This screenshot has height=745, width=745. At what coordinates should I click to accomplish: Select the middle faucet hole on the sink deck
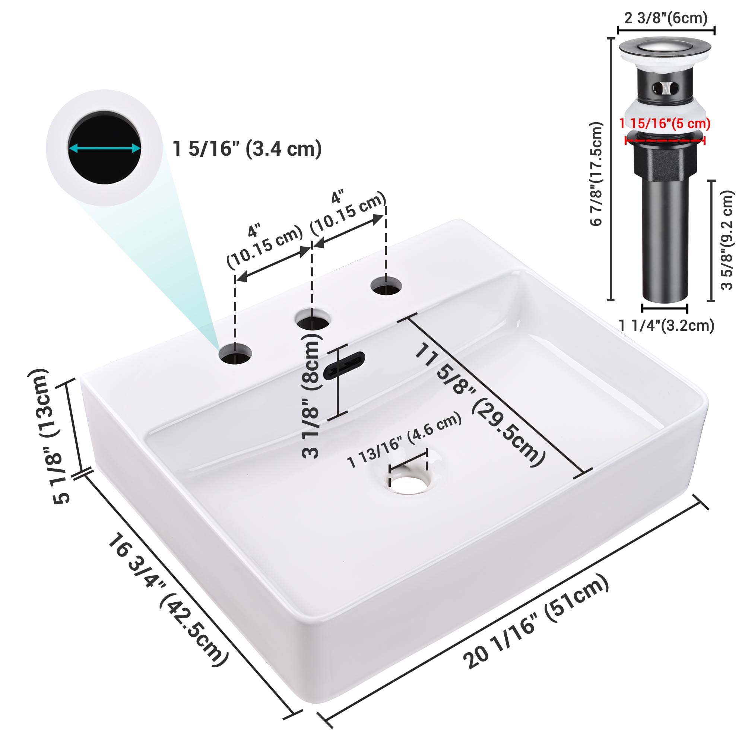tap(313, 318)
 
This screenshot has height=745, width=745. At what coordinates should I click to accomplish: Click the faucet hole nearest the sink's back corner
tap(386, 286)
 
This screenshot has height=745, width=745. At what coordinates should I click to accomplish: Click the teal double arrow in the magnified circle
tap(105, 148)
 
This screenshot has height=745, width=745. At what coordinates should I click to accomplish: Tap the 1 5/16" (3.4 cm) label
tap(247, 149)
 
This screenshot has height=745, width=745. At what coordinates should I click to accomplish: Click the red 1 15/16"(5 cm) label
tap(665, 124)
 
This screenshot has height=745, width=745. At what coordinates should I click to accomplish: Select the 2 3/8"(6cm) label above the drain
tap(666, 18)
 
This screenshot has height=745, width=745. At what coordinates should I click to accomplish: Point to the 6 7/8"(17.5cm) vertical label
tap(596, 174)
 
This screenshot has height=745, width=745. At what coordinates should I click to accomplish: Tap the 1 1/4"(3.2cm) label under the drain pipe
tap(667, 326)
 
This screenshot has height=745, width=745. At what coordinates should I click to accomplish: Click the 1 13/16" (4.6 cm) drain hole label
tap(405, 440)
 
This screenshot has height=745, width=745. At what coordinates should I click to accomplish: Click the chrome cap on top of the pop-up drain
tap(665, 48)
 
